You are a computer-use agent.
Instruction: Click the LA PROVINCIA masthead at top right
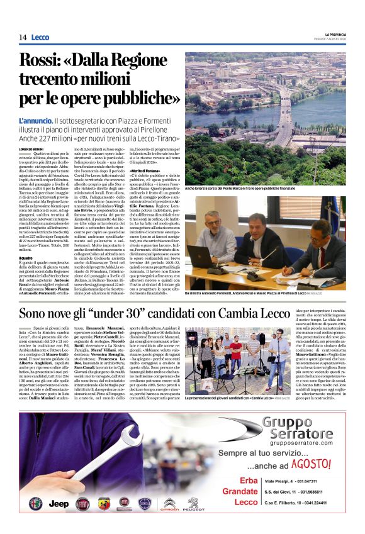(330, 34)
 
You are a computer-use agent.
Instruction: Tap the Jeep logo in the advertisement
(59, 504)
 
